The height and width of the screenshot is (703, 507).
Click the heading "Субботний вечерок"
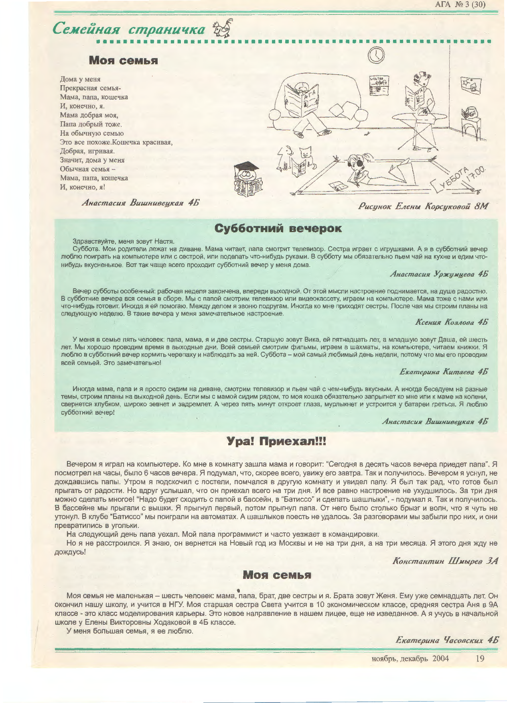(x=278, y=228)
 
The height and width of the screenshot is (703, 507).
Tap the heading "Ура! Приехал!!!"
(x=277, y=442)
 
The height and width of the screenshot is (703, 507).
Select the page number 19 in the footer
(x=480, y=658)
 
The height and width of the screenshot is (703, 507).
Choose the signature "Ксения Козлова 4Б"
(x=452, y=322)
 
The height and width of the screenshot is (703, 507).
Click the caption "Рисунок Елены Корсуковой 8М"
(x=424, y=206)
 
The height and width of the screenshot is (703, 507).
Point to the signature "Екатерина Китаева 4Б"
(x=444, y=372)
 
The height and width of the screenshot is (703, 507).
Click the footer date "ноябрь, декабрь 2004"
(x=410, y=658)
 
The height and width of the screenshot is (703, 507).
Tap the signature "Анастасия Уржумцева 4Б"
(x=439, y=274)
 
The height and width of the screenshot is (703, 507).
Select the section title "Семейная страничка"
(x=129, y=30)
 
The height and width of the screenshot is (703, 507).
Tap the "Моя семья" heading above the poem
(x=123, y=61)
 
